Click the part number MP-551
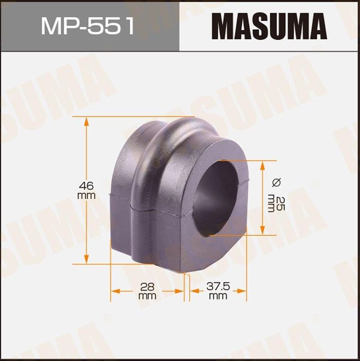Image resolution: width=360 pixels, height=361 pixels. [x=88, y=26]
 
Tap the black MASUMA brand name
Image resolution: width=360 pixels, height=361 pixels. [x=268, y=26]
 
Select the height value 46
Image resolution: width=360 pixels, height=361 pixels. [x=86, y=185]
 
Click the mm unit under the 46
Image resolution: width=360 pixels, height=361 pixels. [x=86, y=195]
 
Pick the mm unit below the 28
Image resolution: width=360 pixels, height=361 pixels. [x=147, y=296]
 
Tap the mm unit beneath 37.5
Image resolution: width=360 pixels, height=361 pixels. [x=217, y=296]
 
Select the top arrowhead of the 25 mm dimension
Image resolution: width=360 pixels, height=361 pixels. [x=263, y=164]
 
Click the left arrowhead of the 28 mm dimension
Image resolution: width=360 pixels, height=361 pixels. [x=114, y=291]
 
